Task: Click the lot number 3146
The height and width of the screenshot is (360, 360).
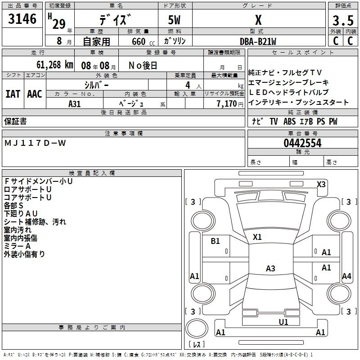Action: click(x=22, y=19)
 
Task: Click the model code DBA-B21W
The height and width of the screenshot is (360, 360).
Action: click(x=258, y=41)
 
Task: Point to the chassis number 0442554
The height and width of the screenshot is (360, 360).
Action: click(x=302, y=144)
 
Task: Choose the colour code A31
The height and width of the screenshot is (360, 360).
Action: click(x=74, y=103)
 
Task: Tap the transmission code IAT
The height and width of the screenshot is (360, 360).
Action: click(x=13, y=94)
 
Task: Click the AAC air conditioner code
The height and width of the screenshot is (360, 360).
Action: click(x=34, y=94)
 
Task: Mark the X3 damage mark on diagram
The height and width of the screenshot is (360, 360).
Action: click(x=321, y=184)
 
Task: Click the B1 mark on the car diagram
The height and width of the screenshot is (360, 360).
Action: click(x=216, y=241)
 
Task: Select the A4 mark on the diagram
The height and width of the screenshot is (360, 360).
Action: click(x=346, y=276)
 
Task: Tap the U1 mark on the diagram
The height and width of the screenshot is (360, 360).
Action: click(x=283, y=322)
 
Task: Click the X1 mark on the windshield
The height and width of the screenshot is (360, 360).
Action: click(x=257, y=237)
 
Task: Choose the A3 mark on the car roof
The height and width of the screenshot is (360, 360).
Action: click(x=270, y=269)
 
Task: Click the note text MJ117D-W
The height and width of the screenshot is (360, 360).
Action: click(x=35, y=143)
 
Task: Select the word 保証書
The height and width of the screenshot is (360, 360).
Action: click(x=15, y=121)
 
